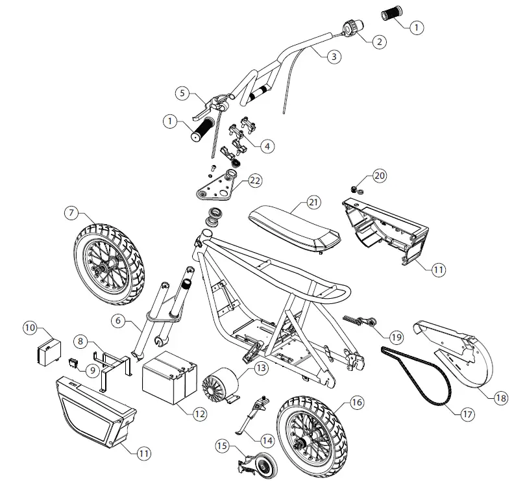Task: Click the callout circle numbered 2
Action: tap(378, 40)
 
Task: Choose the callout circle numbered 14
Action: tap(267, 439)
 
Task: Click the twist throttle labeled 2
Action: tap(350, 27)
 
